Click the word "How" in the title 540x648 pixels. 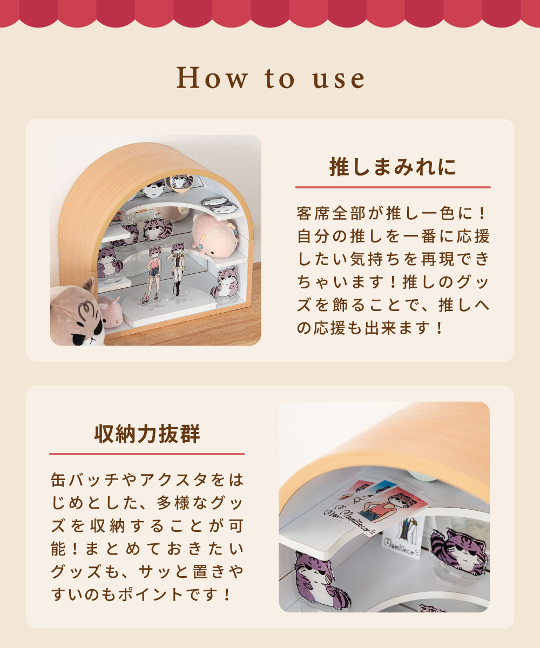212,78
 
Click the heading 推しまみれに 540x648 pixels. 393,167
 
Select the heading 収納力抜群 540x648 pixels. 147,434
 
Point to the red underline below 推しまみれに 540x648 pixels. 393,187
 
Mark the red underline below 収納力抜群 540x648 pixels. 147,454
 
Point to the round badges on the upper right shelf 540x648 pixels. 220,205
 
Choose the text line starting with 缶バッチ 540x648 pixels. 147,480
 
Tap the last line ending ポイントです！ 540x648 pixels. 141,595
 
